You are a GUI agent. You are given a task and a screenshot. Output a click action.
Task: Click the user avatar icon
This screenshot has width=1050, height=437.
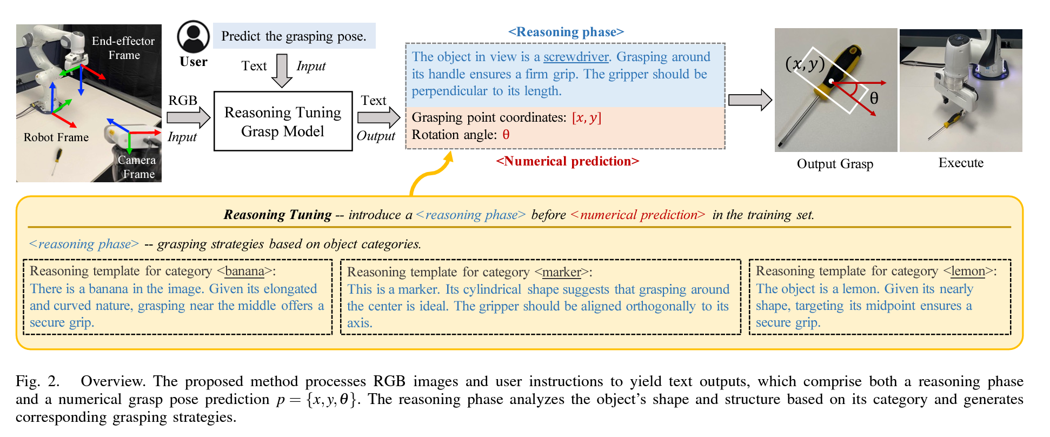[193, 37]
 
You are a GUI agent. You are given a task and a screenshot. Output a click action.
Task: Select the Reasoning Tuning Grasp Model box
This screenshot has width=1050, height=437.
[283, 121]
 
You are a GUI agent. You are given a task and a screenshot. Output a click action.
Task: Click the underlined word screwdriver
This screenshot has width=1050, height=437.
[576, 57]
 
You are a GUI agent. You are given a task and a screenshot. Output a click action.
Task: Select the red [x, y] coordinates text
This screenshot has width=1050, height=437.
[587, 117]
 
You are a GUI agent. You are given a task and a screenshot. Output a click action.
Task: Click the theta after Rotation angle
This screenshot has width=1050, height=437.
[506, 135]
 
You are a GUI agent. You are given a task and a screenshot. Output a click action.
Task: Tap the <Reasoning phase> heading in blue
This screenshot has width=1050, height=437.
[566, 32]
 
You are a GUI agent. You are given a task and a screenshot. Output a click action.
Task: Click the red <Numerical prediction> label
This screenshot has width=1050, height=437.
[567, 161]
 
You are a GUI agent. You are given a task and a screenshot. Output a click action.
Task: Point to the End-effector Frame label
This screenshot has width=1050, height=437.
[123, 48]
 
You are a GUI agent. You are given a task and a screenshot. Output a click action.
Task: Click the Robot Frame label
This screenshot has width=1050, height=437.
[56, 137]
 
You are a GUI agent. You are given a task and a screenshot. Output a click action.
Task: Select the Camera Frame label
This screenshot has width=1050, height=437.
[137, 167]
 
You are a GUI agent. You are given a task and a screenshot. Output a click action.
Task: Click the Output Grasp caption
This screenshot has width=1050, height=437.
[835, 163]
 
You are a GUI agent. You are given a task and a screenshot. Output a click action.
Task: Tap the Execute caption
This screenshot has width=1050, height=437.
[961, 163]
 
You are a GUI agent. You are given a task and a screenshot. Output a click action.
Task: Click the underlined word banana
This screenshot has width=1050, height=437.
[244, 271]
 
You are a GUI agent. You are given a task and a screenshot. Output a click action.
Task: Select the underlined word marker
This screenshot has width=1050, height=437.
[561, 272]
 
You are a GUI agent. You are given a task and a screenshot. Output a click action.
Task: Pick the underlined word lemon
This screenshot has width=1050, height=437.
[968, 271]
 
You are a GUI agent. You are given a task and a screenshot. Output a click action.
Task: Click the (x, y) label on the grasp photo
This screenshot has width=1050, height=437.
[805, 64]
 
